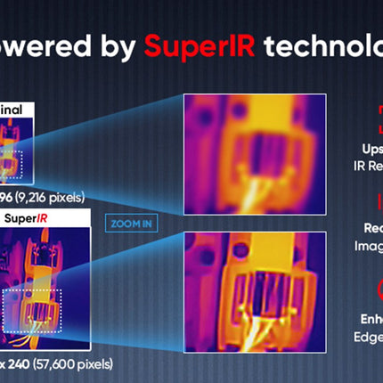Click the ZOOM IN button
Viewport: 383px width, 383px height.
pos(130,224)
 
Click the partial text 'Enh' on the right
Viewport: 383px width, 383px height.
pos(368,318)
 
